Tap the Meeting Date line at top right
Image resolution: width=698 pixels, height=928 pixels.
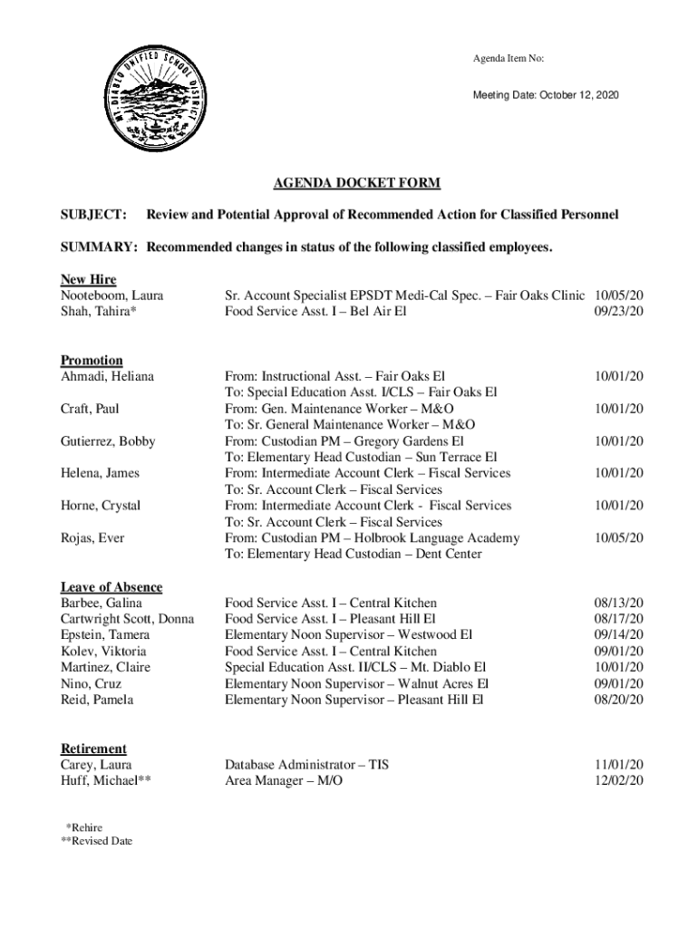[547, 95]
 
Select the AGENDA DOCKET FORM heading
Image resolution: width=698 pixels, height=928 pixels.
[357, 183]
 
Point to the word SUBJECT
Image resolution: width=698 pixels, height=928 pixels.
[93, 215]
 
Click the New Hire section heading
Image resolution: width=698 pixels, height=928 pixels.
[88, 279]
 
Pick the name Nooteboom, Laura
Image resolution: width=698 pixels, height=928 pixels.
[112, 295]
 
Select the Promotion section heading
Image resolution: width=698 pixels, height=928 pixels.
[92, 360]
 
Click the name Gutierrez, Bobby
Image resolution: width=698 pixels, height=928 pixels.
[108, 441]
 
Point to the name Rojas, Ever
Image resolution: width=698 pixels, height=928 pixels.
[92, 538]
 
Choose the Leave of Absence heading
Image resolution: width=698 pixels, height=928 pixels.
[111, 587]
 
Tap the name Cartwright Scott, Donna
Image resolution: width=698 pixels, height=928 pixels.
[128, 619]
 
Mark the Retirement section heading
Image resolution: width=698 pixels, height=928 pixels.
[93, 749]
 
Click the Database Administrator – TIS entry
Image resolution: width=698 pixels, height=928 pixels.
[306, 765]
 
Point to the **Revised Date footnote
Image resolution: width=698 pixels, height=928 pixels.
[94, 842]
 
